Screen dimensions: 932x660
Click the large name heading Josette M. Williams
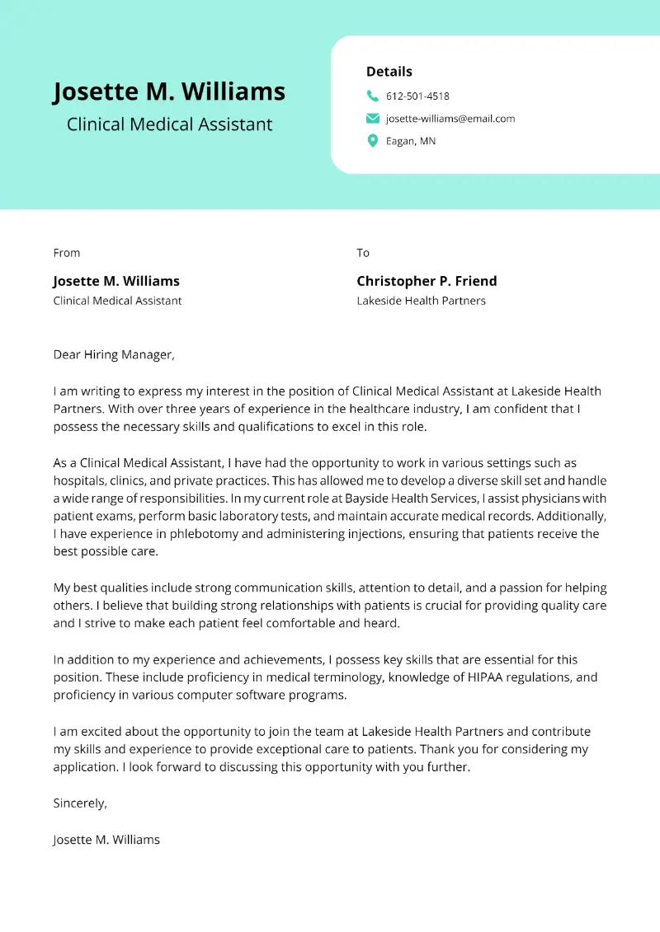pos(169,91)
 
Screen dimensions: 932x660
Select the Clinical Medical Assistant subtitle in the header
pos(169,125)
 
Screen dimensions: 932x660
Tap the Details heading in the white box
pos(389,72)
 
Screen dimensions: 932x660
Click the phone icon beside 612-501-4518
pos(373,96)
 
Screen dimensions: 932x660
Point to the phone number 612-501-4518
pos(417,96)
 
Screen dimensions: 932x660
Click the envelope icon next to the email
pos(373,119)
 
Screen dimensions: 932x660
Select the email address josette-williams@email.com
pos(450,119)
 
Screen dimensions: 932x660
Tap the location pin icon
pos(373,141)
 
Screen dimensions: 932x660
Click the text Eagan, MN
pos(411,142)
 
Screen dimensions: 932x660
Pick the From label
pos(67,253)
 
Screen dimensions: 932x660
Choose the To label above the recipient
pos(363,253)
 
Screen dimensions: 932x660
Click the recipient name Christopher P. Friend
pos(427,281)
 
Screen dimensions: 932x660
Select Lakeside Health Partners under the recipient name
pos(421,301)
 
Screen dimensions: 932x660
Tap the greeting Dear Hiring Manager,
pos(115,355)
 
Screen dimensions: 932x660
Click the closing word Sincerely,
pos(80,803)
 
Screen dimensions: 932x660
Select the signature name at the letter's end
pos(106,840)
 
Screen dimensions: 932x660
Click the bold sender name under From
pos(116,281)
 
